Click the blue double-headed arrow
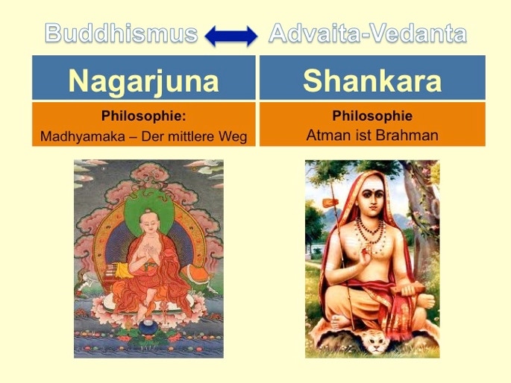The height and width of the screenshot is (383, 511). (231, 36)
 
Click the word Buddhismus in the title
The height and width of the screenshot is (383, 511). (122, 34)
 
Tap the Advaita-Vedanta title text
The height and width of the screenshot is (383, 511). (368, 34)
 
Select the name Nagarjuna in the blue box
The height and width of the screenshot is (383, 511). (143, 81)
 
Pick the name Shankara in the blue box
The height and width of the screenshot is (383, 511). (372, 80)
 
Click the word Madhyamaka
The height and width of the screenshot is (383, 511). (83, 136)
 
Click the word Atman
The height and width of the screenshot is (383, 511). (326, 135)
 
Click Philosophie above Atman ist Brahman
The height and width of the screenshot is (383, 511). (372, 115)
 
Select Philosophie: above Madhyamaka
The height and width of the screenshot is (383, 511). (144, 115)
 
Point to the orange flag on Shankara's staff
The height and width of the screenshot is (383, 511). (331, 203)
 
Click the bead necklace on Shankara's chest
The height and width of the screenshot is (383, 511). (371, 232)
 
